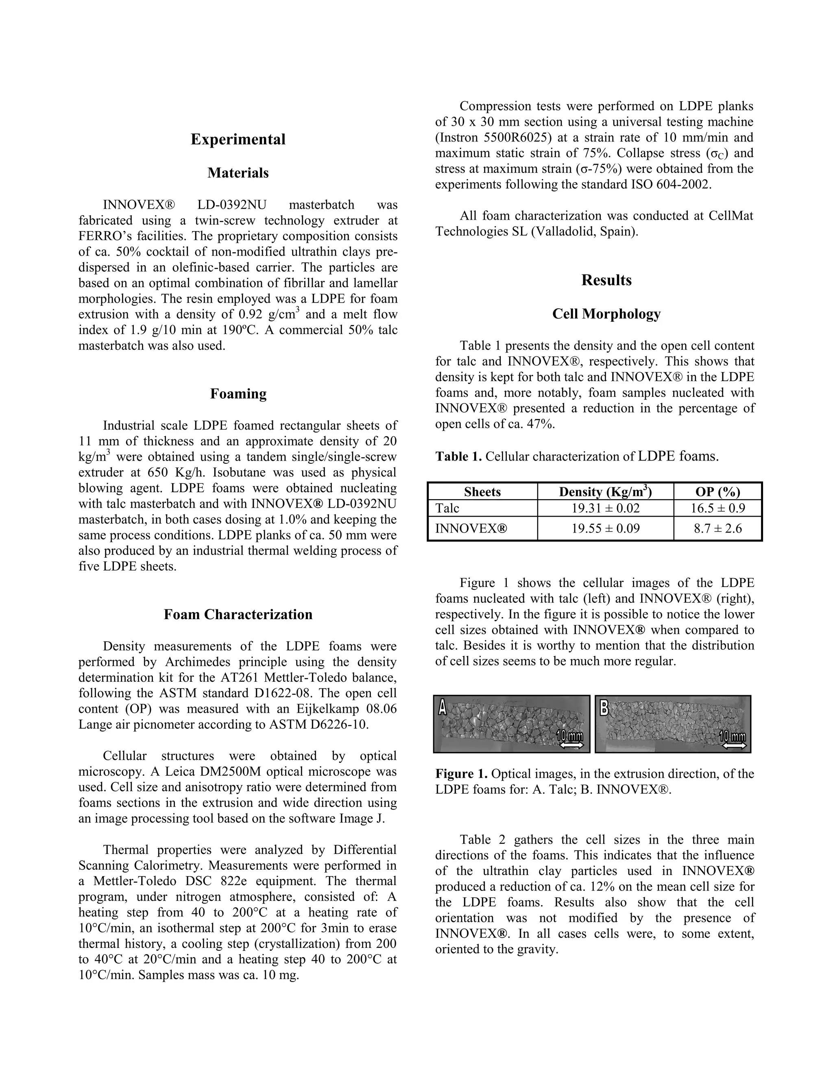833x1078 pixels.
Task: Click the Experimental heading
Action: pyautogui.click(x=238, y=139)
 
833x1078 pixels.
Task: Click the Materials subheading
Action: pyautogui.click(x=238, y=173)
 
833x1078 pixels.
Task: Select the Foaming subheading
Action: pyautogui.click(x=238, y=393)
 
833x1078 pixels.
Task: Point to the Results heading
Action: pyautogui.click(x=606, y=280)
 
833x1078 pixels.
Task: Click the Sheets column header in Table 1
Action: pyautogui.click(x=482, y=492)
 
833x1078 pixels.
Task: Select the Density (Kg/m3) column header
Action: pyautogui.click(x=605, y=492)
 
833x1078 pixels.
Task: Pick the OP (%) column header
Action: pyautogui.click(x=717, y=492)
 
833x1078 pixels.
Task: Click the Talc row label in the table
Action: pyautogui.click(x=447, y=508)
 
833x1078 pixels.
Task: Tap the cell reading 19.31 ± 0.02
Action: pyautogui.click(x=605, y=508)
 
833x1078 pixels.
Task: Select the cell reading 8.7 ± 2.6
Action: pyautogui.click(x=717, y=529)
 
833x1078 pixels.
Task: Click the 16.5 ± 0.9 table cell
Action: pyautogui.click(x=717, y=508)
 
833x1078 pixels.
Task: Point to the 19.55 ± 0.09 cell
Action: pyautogui.click(x=605, y=529)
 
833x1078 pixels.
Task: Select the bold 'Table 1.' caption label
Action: pyautogui.click(x=458, y=456)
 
